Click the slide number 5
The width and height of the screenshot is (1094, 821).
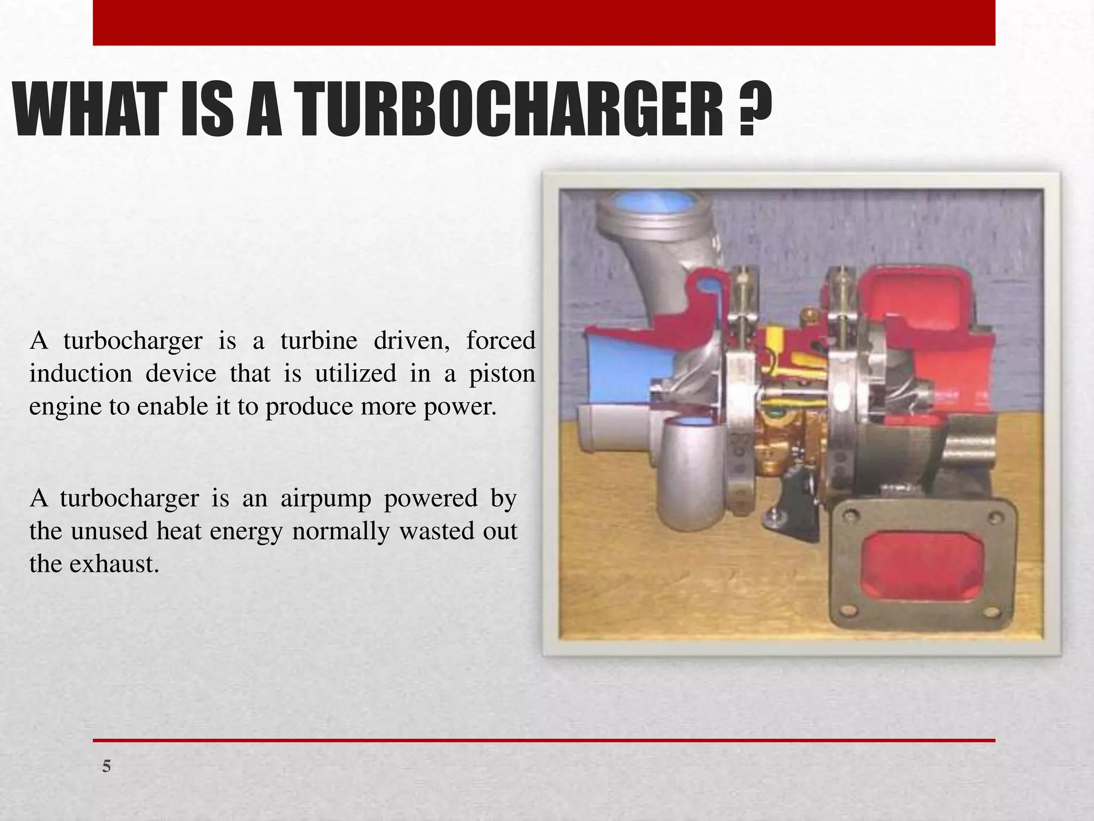[x=107, y=766]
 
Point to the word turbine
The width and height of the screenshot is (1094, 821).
[x=319, y=340]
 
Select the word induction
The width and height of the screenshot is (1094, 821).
[x=80, y=373]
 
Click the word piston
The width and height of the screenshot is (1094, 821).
[x=502, y=374]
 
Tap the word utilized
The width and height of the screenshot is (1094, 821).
[x=355, y=373]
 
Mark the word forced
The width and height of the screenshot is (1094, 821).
[x=501, y=340]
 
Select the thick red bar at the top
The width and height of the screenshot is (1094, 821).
[x=544, y=22]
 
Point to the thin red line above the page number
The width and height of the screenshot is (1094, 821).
[x=544, y=740]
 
